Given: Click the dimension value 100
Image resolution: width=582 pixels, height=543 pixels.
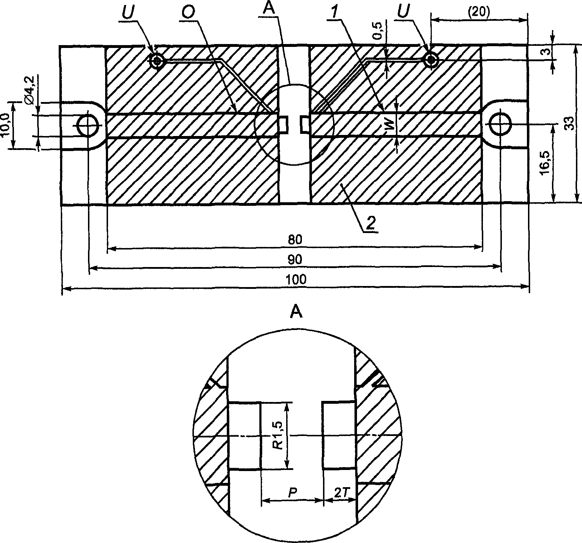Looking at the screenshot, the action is coord(297,279).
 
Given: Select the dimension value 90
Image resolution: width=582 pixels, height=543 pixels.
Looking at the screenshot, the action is coord(297,259).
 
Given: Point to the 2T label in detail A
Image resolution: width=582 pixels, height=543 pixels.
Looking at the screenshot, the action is coord(339,493).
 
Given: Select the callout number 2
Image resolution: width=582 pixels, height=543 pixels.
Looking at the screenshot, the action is coord(371,223).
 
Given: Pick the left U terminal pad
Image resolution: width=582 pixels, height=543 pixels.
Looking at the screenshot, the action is coord(157,60).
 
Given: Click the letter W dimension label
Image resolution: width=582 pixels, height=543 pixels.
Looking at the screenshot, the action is coord(391,125).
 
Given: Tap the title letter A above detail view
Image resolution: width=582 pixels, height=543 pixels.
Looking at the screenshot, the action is coord(297,312).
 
